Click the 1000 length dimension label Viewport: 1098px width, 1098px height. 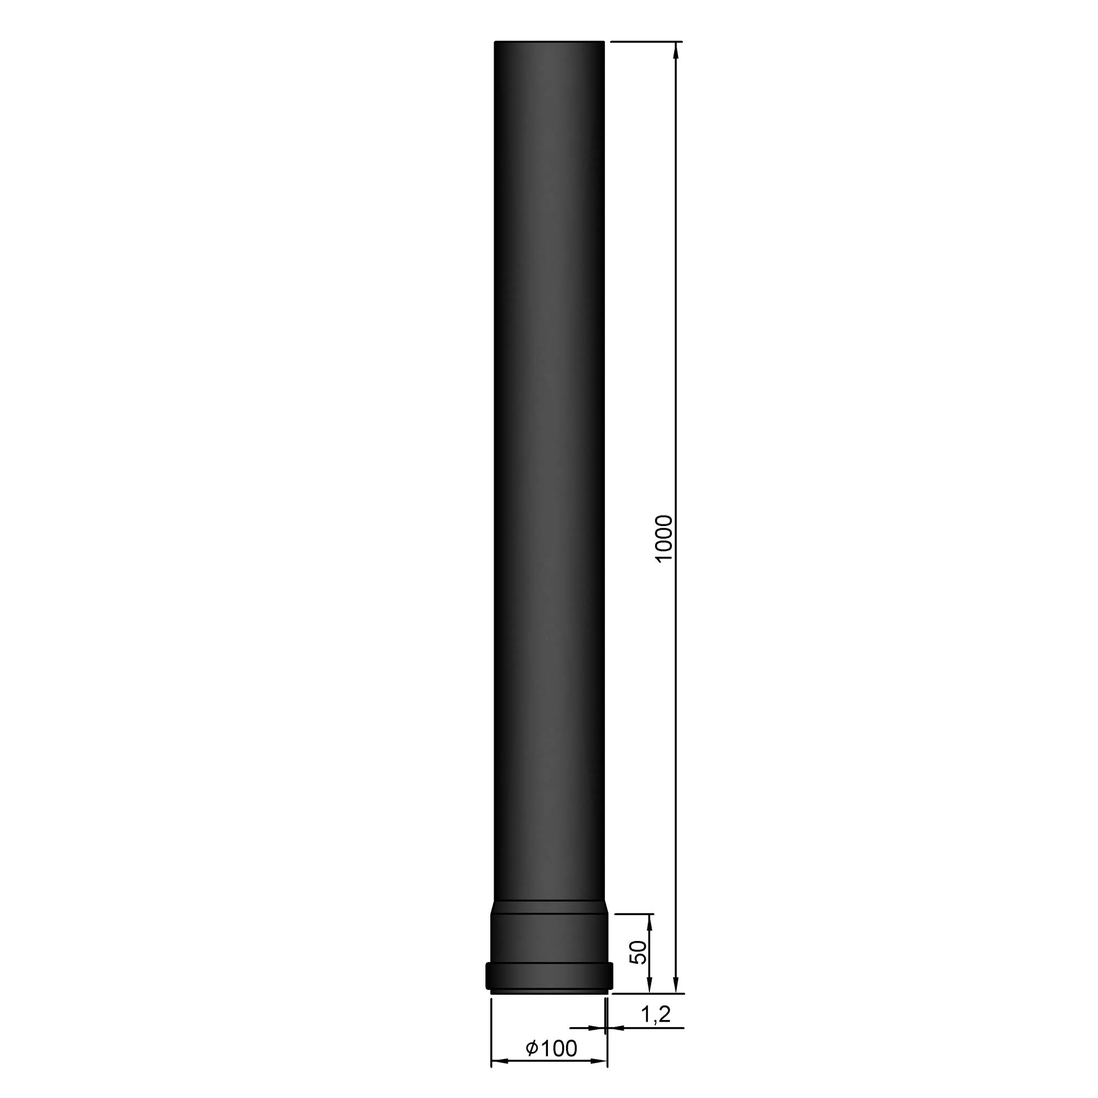tap(663, 538)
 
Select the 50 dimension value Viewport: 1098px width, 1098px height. tap(639, 952)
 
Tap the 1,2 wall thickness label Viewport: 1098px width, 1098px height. tap(656, 1015)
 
